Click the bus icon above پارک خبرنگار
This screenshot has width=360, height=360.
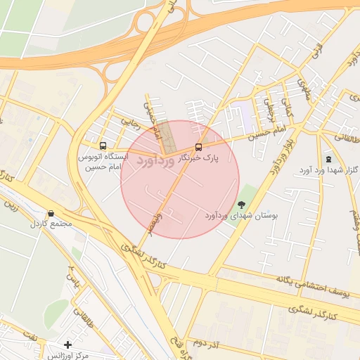tap(198, 148)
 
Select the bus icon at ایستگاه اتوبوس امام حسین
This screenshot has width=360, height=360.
tap(103, 146)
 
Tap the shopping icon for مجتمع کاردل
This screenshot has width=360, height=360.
tap(51, 214)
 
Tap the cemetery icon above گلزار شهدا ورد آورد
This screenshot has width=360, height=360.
tap(328, 159)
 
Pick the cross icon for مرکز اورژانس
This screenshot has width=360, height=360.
tap(67, 345)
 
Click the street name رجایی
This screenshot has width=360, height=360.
tap(132, 120)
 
